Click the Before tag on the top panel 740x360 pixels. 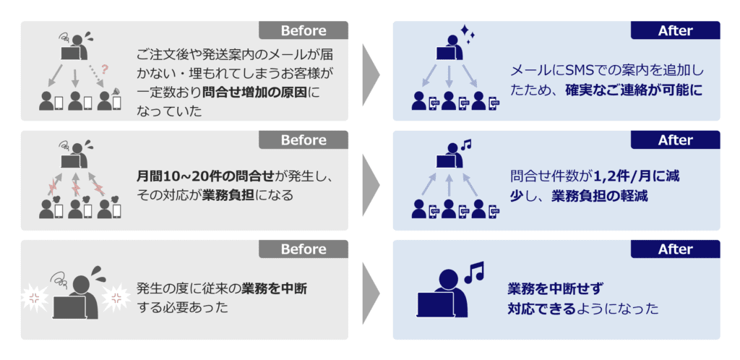pyautogui.click(x=303, y=30)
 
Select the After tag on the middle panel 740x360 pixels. pyautogui.click(x=676, y=140)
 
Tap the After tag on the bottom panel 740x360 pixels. pyautogui.click(x=676, y=249)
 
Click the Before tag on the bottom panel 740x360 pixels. pyautogui.click(x=303, y=249)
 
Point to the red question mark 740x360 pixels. pyautogui.click(x=105, y=69)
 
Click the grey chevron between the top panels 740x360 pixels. pyautogui.click(x=371, y=74)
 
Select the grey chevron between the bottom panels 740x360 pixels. pyautogui.click(x=371, y=293)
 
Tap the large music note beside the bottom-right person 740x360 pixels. pyautogui.click(x=475, y=273)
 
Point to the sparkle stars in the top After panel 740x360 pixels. pyautogui.click(x=468, y=34)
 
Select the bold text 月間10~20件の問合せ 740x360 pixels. pyautogui.click(x=205, y=177)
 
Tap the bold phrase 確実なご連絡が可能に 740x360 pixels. pyautogui.click(x=634, y=90)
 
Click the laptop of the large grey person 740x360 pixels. pyautogui.click(x=70, y=307)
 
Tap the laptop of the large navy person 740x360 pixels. pyautogui.click(x=435, y=304)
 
